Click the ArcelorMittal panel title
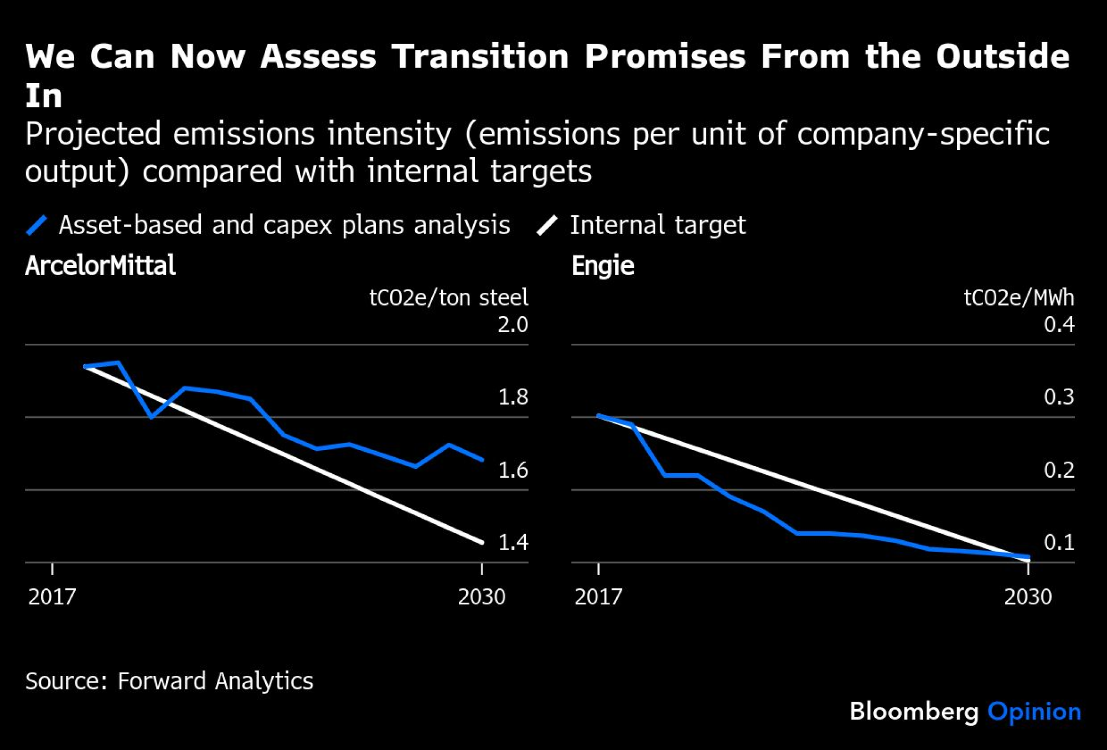pos(100,266)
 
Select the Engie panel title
pos(603,266)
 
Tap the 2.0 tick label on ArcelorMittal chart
pos(513,324)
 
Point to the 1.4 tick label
pos(513,542)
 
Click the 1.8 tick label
pos(513,397)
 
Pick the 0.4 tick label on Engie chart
pos(1059,324)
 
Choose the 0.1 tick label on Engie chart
pos(1059,542)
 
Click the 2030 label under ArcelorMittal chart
pos(482,597)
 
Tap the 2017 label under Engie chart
pos(598,597)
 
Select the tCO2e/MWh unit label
pos(1018,298)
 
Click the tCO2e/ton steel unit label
pos(448,298)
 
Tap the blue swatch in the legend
pos(37,225)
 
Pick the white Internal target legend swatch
pos(547,225)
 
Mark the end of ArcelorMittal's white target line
pos(482,542)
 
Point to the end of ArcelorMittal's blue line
pos(482,459)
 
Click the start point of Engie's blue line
pos(599,415)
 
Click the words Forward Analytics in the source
pos(215,681)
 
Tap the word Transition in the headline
pos(480,56)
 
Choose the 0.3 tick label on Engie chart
pos(1059,397)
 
